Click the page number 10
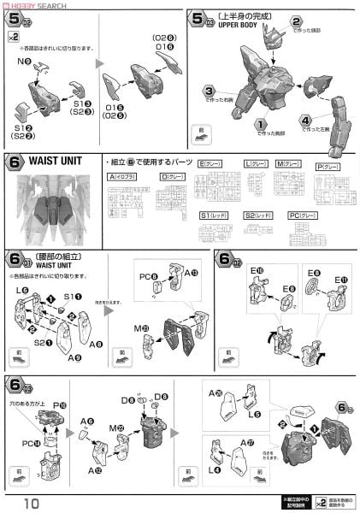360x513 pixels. (x=32, y=500)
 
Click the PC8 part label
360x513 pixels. (x=145, y=276)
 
